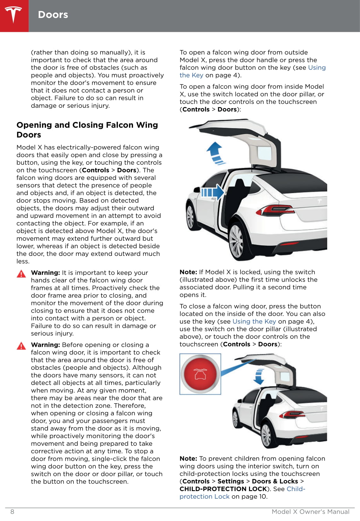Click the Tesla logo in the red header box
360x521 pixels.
(x=14, y=15)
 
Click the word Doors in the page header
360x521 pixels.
(x=53, y=15)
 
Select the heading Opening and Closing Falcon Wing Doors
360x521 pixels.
(x=87, y=130)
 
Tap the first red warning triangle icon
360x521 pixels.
(x=21, y=274)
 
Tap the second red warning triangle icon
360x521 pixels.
(x=21, y=346)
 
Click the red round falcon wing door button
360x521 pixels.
(x=200, y=374)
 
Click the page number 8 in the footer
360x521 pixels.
(x=12, y=512)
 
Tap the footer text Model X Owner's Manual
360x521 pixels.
(x=311, y=512)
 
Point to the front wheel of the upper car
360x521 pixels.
(x=190, y=217)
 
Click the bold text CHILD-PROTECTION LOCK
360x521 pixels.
(x=223, y=489)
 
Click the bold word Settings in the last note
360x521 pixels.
(x=231, y=481)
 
